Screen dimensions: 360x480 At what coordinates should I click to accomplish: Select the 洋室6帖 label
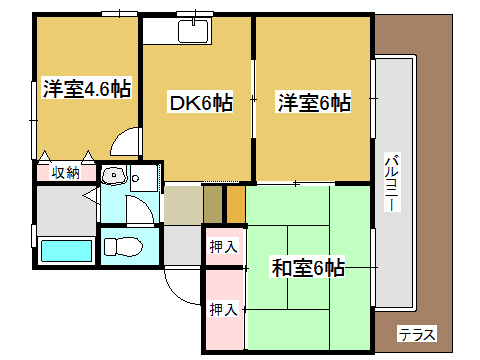coord(313,101)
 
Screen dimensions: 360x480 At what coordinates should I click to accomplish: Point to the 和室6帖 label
coord(308,267)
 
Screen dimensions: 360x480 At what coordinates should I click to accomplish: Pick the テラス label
coord(416,334)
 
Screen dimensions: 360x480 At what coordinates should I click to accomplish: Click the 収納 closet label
coord(66,173)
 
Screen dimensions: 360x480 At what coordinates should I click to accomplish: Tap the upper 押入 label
coord(224,246)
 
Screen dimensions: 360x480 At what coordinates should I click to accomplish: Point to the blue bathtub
coord(66,250)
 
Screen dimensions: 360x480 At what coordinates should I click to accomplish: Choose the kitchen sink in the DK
coord(192,31)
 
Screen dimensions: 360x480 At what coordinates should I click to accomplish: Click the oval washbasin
coord(113,178)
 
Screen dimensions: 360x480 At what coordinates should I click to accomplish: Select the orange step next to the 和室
coord(236,204)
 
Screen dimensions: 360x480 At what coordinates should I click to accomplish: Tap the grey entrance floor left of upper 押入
coord(182,245)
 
